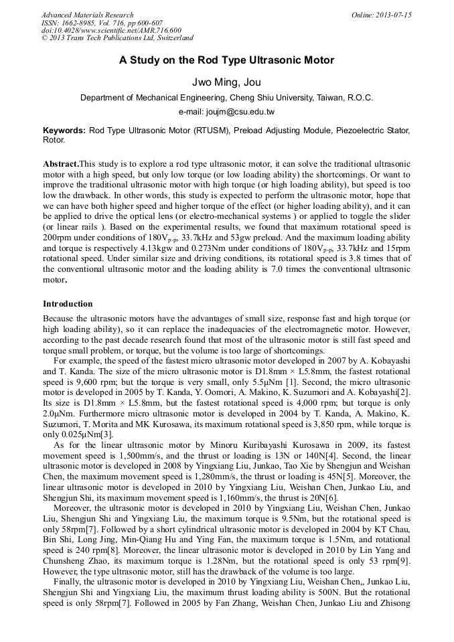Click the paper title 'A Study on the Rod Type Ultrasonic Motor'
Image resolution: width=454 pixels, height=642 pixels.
click(226, 60)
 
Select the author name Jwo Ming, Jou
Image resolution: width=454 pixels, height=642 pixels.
click(226, 82)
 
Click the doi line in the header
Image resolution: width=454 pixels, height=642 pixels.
click(111, 31)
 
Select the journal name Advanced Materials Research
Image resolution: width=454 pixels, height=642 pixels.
click(87, 15)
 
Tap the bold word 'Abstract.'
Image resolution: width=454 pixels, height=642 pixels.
click(61, 164)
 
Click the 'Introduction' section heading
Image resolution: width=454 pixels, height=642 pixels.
click(68, 303)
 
